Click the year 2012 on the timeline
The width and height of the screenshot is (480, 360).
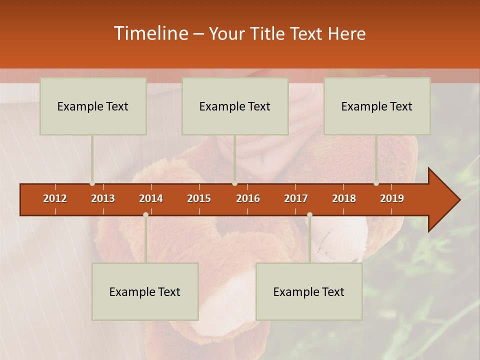coord(55,198)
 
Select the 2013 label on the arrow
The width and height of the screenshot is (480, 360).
coord(103,198)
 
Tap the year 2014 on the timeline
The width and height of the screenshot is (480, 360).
coord(151,198)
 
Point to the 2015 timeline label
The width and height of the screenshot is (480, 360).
coord(199,198)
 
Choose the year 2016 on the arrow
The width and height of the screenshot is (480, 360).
coord(248,198)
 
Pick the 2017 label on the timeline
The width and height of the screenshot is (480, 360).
coord(296,198)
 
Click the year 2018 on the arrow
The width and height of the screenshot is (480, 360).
coord(344,198)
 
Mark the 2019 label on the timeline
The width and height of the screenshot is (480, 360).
coord(392,198)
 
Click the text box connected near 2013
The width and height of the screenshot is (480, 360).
coord(93,106)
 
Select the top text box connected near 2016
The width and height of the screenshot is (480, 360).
coord(235,106)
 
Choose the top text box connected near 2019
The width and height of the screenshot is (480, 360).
coord(377,106)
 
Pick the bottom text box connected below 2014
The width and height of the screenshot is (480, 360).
coord(145,291)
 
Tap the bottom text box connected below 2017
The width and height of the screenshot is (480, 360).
coord(309,291)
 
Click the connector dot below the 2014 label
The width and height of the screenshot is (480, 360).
coord(145,214)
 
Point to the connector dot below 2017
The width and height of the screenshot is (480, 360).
coord(309,214)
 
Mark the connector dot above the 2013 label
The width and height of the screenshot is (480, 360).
coord(92,183)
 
